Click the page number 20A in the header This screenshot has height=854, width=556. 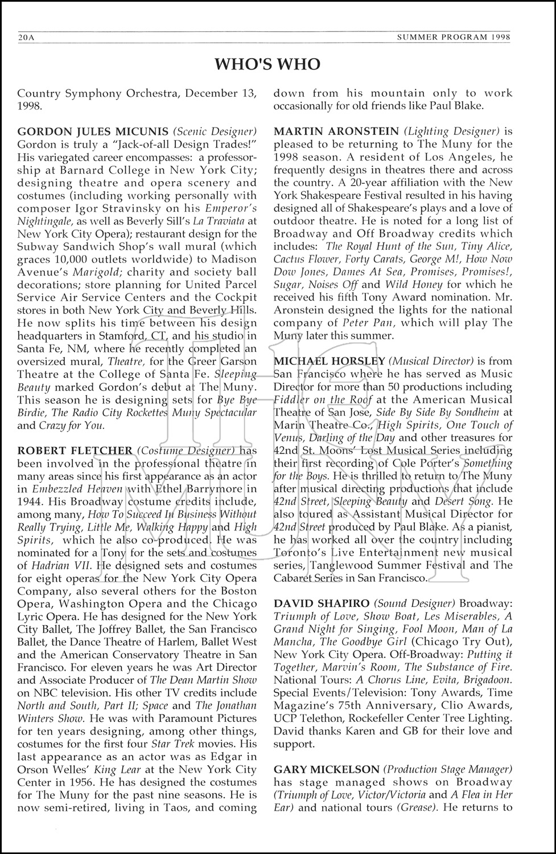(27, 38)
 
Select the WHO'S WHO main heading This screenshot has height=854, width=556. (267, 65)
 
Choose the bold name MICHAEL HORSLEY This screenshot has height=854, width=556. (329, 361)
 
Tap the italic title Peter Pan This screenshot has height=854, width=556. (371, 323)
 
